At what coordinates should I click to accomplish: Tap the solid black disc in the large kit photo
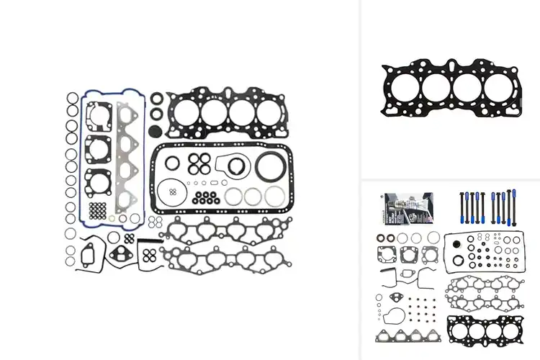click(x=153, y=131)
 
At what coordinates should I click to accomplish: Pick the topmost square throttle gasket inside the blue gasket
click(x=99, y=115)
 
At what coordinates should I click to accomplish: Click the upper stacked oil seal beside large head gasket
click(x=156, y=98)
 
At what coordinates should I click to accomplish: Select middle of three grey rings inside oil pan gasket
click(x=253, y=197)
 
